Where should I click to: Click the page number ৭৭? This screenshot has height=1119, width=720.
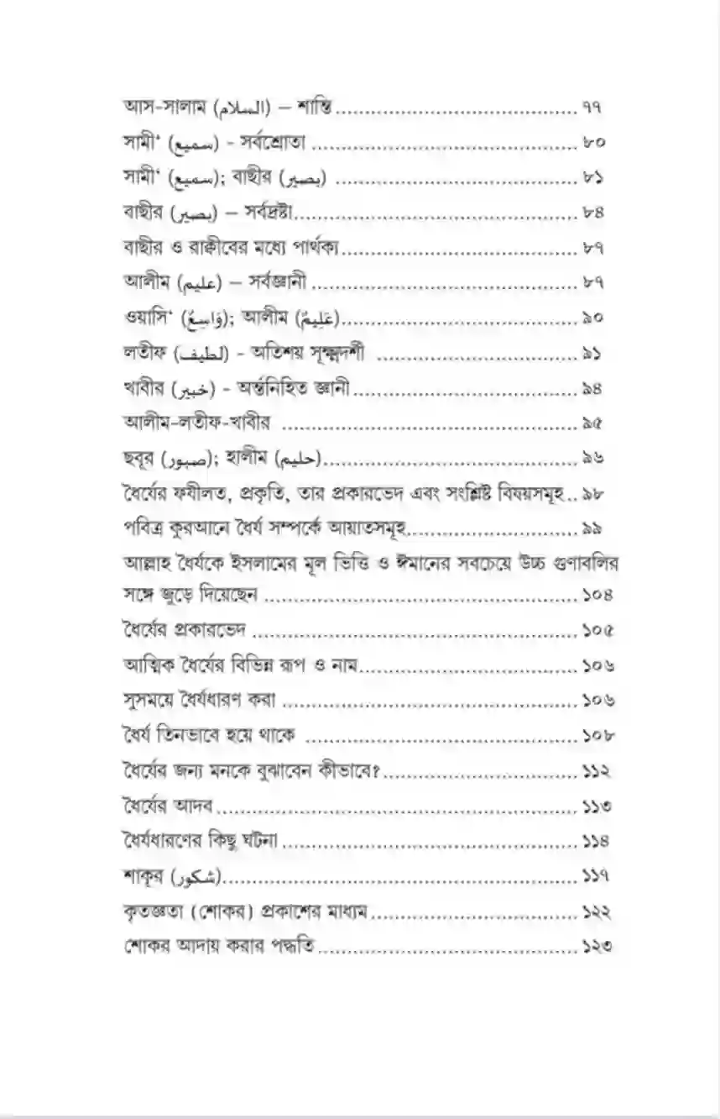(x=592, y=108)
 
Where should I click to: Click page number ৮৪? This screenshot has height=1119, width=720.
(x=592, y=213)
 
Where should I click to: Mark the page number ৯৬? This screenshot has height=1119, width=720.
(x=592, y=459)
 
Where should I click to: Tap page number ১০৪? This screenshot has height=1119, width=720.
(x=597, y=595)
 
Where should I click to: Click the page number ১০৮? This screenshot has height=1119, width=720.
(x=597, y=735)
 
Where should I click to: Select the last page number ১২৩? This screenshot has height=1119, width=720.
(x=597, y=947)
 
